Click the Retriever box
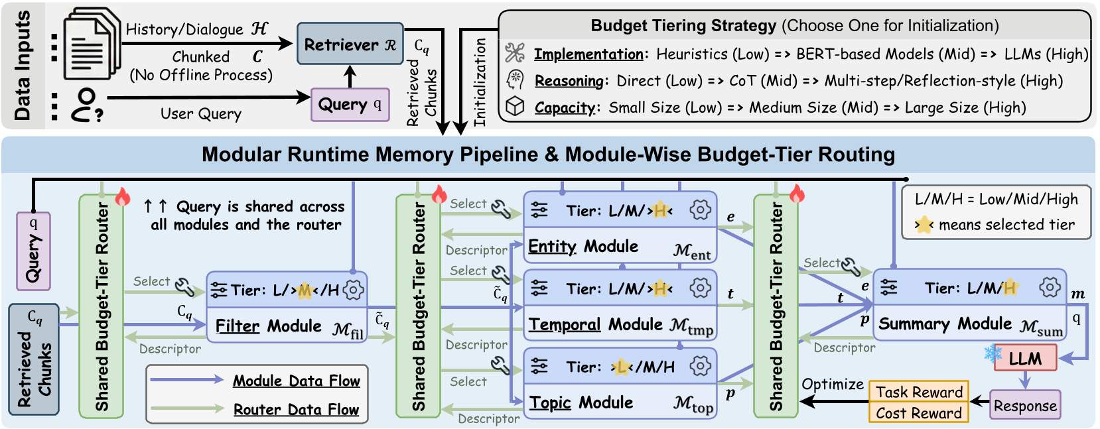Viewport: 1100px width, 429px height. pyautogui.click(x=350, y=44)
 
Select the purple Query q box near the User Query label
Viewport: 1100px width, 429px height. pyautogui.click(x=350, y=105)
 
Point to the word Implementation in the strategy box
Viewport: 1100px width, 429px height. pyautogui.click(x=588, y=54)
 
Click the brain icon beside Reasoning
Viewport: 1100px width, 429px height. pyautogui.click(x=516, y=80)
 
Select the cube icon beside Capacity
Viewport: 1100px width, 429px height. pyautogui.click(x=516, y=107)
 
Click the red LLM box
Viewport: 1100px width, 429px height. pyautogui.click(x=1025, y=359)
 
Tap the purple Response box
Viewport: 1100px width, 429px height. pyautogui.click(x=1025, y=406)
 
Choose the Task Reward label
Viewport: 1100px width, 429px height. pyautogui.click(x=919, y=392)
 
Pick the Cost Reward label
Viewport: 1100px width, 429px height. pyautogui.click(x=919, y=413)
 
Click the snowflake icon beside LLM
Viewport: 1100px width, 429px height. pyautogui.click(x=993, y=353)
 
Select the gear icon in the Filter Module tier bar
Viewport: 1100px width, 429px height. pyautogui.click(x=354, y=290)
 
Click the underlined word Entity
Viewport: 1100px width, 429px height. pyautogui.click(x=552, y=247)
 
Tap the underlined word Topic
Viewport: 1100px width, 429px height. pyautogui.click(x=550, y=402)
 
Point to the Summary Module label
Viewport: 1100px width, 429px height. pyautogui.click(x=945, y=324)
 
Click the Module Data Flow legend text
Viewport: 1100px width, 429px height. pyautogui.click(x=296, y=381)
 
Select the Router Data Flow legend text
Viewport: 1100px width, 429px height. pyautogui.click(x=296, y=410)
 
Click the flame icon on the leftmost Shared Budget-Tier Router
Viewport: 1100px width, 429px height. pyautogui.click(x=123, y=197)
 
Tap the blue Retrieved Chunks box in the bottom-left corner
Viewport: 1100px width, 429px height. pyautogui.click(x=34, y=359)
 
